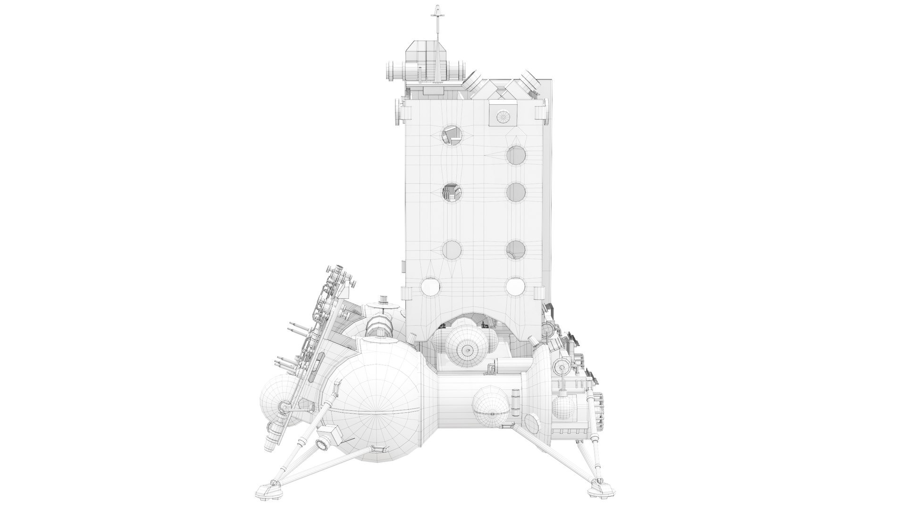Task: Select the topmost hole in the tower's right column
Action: (x=516, y=154)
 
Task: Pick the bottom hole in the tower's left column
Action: (x=430, y=286)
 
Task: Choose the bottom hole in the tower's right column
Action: (x=515, y=286)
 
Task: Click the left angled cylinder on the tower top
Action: (x=475, y=85)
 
